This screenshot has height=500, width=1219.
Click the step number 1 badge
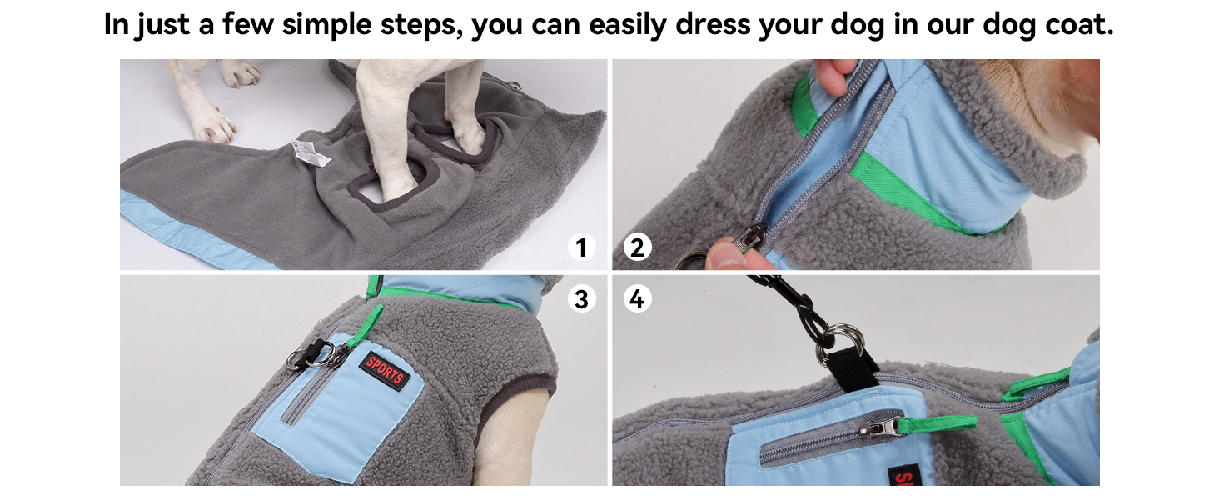tap(582, 247)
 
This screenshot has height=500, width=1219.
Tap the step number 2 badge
tap(637, 247)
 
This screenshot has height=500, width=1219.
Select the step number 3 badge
tap(582, 298)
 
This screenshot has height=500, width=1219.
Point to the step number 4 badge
tap(637, 298)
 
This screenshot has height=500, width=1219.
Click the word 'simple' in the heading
tap(326, 25)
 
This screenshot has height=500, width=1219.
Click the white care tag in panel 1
tap(311, 153)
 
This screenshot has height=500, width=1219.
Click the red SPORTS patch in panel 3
tap(385, 372)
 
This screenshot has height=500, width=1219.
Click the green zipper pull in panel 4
tap(937, 423)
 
